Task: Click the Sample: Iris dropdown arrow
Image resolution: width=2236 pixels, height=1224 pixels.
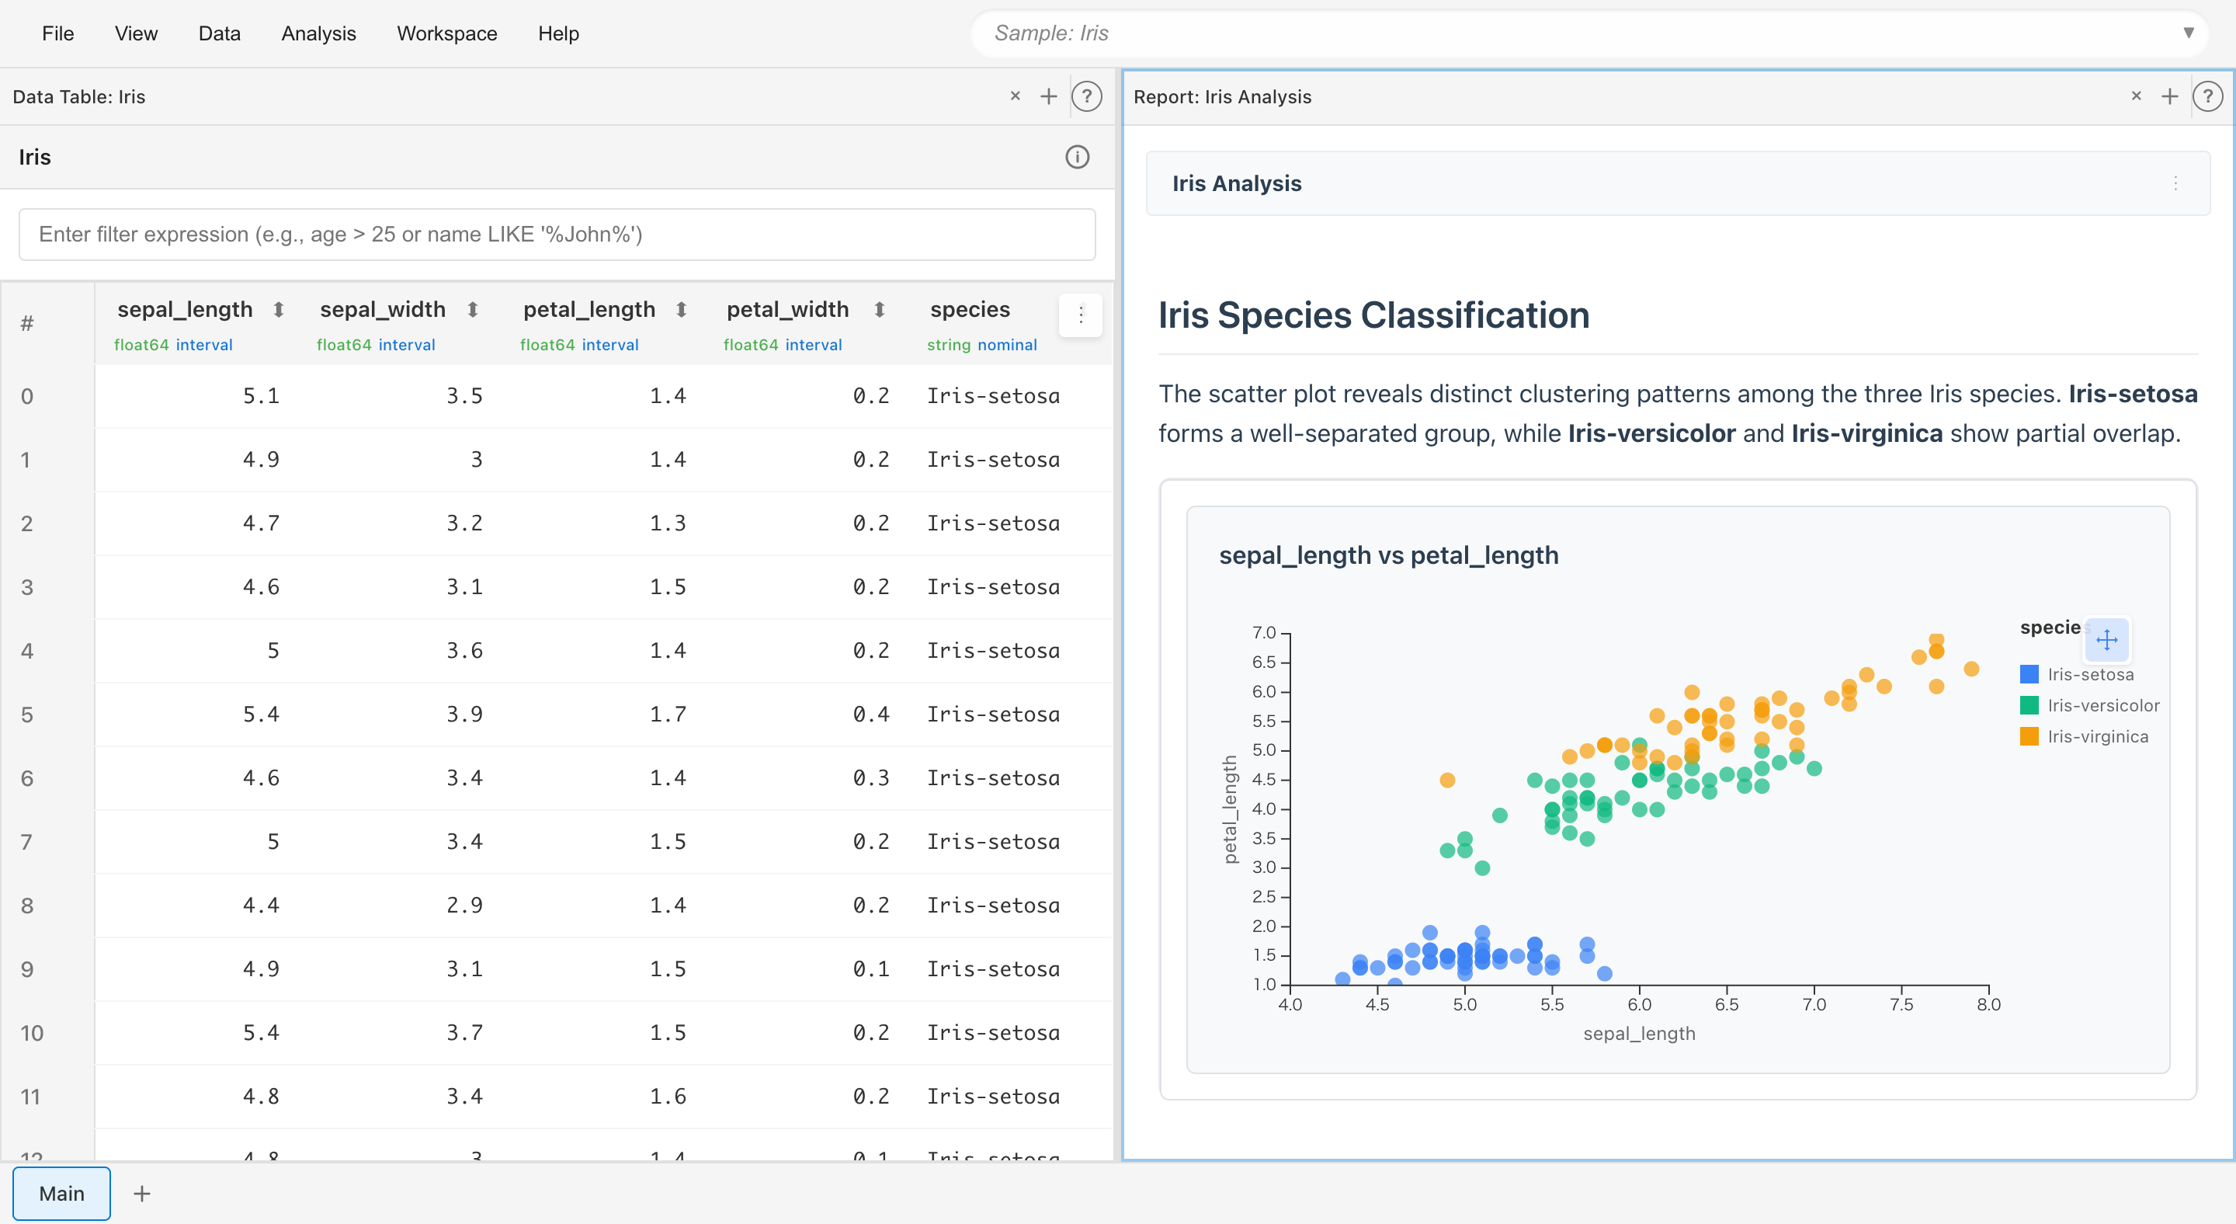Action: (2189, 33)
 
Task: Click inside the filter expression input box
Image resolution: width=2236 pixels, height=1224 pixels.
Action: (557, 235)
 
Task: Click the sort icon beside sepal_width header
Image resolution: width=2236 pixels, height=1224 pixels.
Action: (472, 310)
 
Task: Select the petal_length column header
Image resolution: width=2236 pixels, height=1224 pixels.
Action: (589, 310)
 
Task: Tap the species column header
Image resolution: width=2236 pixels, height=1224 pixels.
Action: (970, 310)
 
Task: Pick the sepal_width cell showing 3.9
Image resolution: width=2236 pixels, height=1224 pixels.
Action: (464, 715)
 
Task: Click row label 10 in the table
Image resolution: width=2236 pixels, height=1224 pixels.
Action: (31, 1033)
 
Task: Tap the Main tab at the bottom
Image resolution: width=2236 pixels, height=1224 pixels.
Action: (61, 1194)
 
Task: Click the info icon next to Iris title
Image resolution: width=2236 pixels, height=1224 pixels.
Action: (1076, 157)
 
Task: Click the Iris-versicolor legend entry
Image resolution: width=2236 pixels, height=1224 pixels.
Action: (2102, 706)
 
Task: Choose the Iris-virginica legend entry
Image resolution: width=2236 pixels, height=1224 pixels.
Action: (2097, 737)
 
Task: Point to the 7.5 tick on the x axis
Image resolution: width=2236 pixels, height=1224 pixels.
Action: (1901, 1004)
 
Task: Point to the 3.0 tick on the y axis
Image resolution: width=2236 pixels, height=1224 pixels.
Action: (1264, 868)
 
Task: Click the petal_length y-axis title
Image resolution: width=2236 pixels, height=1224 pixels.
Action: (1230, 809)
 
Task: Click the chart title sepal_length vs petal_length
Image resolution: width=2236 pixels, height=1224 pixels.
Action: (1388, 555)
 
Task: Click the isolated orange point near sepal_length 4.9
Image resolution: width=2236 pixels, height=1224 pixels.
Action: (1447, 781)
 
